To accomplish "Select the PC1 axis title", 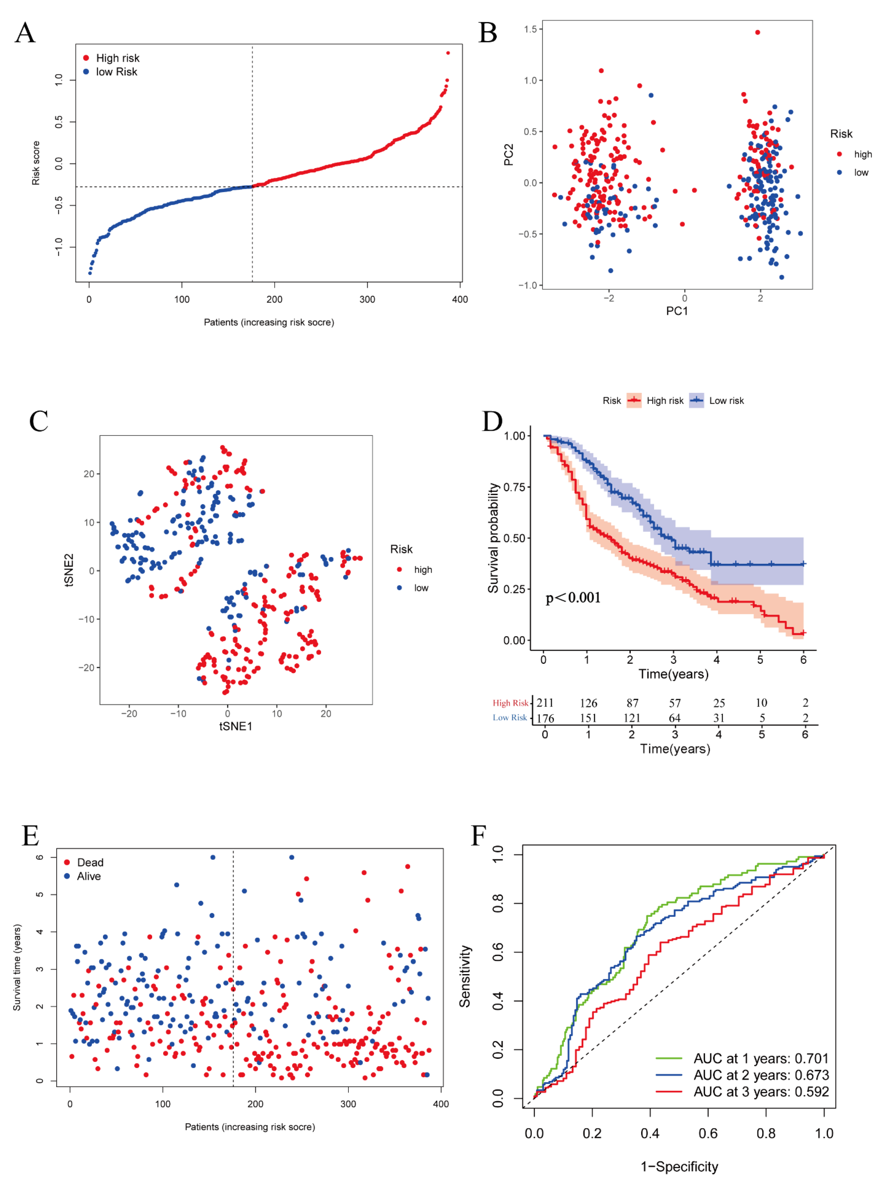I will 676,311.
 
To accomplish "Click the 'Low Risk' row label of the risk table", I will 509,717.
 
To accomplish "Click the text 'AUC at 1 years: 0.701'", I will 761,1059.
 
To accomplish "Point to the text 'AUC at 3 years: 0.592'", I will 761,1092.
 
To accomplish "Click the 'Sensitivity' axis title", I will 465,976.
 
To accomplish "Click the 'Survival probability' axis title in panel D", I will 493,538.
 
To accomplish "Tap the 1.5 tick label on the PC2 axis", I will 530,29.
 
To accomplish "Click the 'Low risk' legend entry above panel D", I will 726,401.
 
